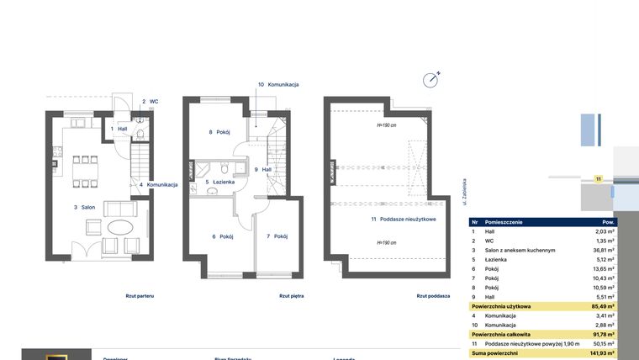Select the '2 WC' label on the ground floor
(150, 101)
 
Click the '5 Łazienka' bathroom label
(219, 182)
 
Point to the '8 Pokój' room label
(220, 132)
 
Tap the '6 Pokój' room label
(222, 236)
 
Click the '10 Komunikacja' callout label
(278, 85)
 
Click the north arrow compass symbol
(432, 79)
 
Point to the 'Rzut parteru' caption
(140, 296)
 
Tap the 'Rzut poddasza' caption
(433, 296)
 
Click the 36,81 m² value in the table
(601, 250)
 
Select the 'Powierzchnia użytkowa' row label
(503, 306)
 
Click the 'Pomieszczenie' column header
(504, 222)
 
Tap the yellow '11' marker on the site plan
(598, 178)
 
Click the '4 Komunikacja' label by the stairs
(158, 184)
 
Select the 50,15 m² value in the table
(601, 344)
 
